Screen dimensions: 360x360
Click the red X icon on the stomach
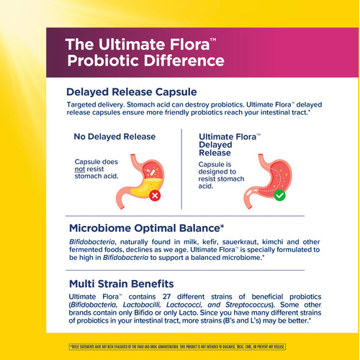(155, 195)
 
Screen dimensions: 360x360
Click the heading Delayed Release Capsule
(132, 92)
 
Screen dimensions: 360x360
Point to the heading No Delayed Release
(109, 136)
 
